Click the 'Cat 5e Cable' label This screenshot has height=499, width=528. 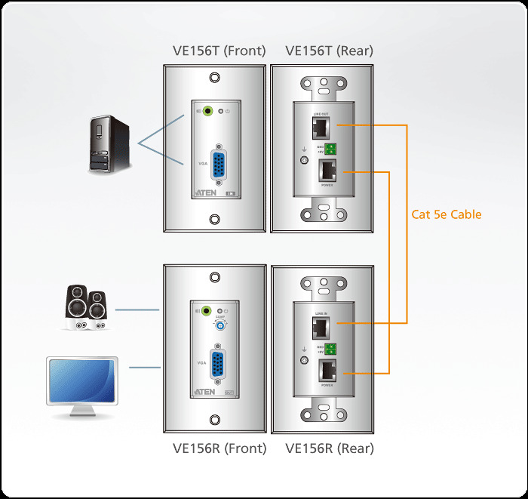[446, 214]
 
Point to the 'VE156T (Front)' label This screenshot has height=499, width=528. [219, 51]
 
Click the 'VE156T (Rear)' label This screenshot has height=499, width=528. [329, 51]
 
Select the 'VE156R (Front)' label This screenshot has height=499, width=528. [219, 448]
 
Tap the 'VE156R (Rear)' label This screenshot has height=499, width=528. [330, 448]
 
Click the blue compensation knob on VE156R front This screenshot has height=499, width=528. [220, 326]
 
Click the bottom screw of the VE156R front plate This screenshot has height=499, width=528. [215, 420]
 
